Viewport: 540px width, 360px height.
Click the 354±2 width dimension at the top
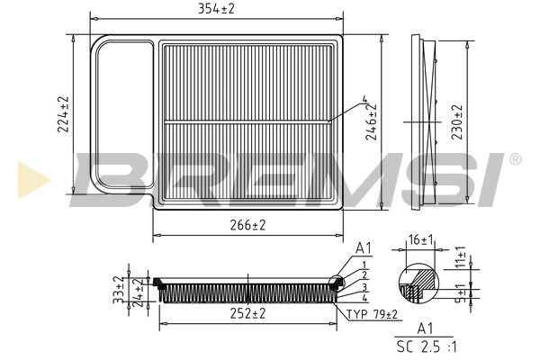coord(216,10)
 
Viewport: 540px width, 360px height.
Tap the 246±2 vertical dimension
coord(372,122)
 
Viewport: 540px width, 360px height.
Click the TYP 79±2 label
coord(371,313)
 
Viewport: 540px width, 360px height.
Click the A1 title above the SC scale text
coord(427,330)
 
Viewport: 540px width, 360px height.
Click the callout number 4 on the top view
coord(364,100)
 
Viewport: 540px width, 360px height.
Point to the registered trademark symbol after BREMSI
coord(514,159)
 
